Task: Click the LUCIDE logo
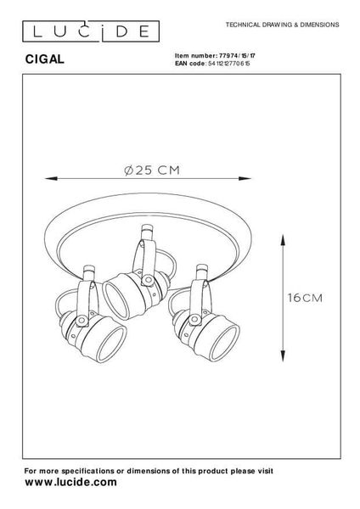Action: point(91,31)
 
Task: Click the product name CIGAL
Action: point(45,59)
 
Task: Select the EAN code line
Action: point(212,64)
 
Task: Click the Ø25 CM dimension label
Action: point(152,171)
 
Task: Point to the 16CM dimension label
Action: point(305,298)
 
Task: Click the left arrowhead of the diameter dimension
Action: point(51,178)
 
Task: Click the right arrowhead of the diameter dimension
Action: point(245,178)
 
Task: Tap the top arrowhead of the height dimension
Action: point(283,240)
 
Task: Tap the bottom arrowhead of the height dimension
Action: point(283,355)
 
